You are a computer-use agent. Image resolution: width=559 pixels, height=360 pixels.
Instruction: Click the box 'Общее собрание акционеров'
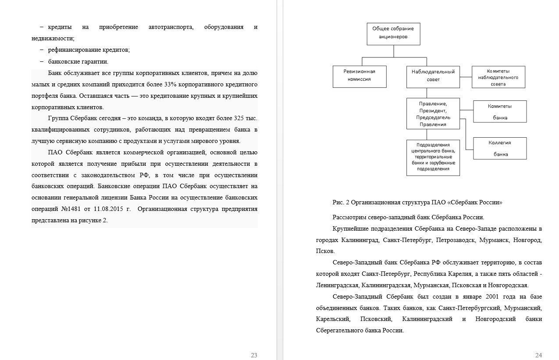[393, 34]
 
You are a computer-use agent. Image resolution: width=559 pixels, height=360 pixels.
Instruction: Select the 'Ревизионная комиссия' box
[360, 76]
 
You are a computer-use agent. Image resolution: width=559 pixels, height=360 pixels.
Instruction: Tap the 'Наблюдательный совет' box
[433, 76]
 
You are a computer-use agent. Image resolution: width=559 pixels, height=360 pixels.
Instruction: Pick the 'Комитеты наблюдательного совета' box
[498, 77]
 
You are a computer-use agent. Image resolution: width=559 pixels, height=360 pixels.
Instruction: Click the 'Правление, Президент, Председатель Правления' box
[433, 114]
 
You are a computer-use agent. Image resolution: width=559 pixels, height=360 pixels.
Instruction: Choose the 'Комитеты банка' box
[500, 111]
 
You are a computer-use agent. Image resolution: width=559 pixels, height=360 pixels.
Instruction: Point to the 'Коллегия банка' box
[500, 148]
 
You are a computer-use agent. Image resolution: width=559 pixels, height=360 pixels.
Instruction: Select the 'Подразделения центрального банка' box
[433, 157]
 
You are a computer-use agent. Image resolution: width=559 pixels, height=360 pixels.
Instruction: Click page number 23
[254, 355]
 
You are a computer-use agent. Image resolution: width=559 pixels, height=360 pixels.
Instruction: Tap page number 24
[539, 355]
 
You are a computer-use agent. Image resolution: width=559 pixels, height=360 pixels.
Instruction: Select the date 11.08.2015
[110, 209]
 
